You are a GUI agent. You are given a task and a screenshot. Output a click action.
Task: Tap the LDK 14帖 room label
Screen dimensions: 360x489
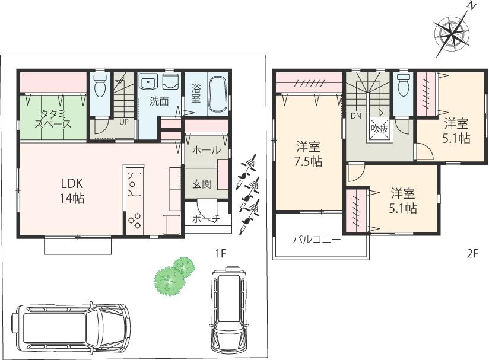coord(71,191)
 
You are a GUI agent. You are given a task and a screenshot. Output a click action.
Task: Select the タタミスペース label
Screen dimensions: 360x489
coord(55,118)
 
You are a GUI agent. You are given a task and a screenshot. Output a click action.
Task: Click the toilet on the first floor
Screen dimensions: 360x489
coord(100,87)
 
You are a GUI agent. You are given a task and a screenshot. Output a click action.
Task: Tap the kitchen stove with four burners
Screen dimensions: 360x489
coord(135,221)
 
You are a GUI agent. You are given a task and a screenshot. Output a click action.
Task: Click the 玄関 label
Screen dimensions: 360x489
coord(202,184)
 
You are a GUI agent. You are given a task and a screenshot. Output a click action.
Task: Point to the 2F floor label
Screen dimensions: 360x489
coord(472,253)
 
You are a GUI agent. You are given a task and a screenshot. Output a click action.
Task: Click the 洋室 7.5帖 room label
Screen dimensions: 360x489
coord(309,154)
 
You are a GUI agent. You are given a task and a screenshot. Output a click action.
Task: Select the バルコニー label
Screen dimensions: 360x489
coord(316,240)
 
